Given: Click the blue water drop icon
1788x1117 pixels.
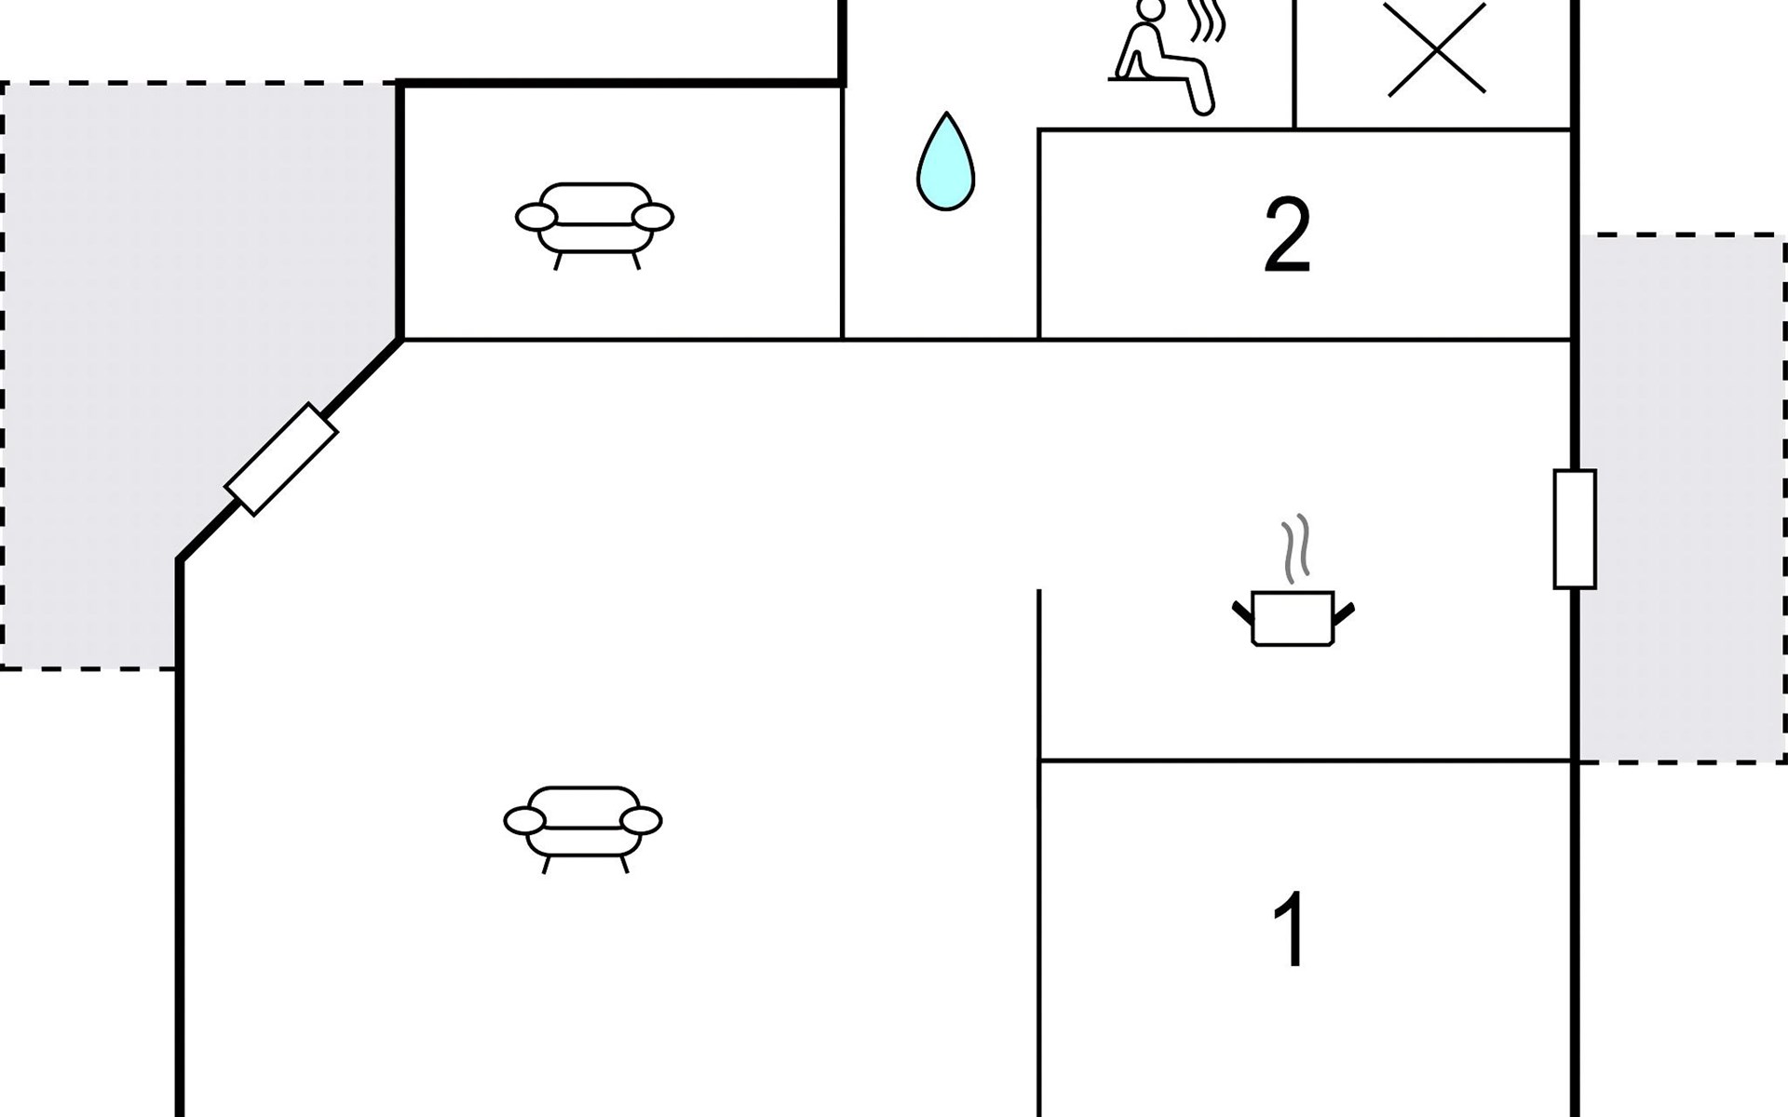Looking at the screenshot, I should point(945,165).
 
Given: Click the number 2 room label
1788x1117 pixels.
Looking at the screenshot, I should point(1287,236).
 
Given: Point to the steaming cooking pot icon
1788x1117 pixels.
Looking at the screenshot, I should point(1293,616).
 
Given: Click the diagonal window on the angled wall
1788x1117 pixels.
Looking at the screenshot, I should point(281,459).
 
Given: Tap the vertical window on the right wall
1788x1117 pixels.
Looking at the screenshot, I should point(1575,529).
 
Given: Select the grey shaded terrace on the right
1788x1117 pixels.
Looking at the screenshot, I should point(1681,498).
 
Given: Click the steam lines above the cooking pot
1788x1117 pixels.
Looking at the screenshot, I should point(1295,549).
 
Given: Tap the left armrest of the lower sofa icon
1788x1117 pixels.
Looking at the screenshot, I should point(524,821).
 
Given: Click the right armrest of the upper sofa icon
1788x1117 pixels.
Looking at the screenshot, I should point(652,217).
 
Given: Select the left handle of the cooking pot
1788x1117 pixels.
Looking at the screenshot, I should point(1242,612).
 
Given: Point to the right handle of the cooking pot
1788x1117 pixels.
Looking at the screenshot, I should point(1344,612).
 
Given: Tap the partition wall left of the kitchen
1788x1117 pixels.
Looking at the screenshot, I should point(1039,675).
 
